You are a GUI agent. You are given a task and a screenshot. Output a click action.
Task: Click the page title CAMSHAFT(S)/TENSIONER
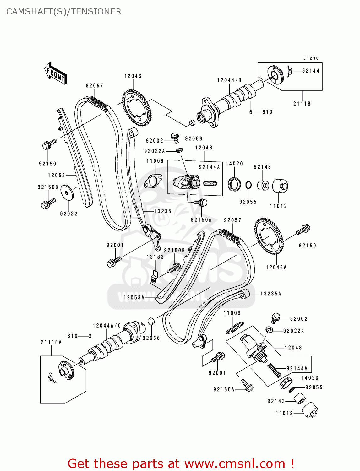(x=64, y=12)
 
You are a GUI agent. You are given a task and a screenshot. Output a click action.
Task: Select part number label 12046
(x=133, y=76)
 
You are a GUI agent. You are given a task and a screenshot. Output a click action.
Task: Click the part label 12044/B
(x=229, y=80)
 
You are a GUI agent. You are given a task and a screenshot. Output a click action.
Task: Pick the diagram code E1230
(x=311, y=58)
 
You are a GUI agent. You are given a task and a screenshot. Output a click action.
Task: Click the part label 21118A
(x=51, y=342)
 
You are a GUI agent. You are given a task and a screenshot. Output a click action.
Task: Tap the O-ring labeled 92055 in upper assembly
(x=248, y=185)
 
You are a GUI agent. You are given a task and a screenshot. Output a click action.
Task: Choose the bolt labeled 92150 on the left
(x=49, y=144)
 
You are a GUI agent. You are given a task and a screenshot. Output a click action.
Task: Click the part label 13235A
(x=271, y=294)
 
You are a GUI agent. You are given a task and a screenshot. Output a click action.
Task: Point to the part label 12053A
(x=134, y=297)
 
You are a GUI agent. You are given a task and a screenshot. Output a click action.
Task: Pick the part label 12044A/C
(x=106, y=326)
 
